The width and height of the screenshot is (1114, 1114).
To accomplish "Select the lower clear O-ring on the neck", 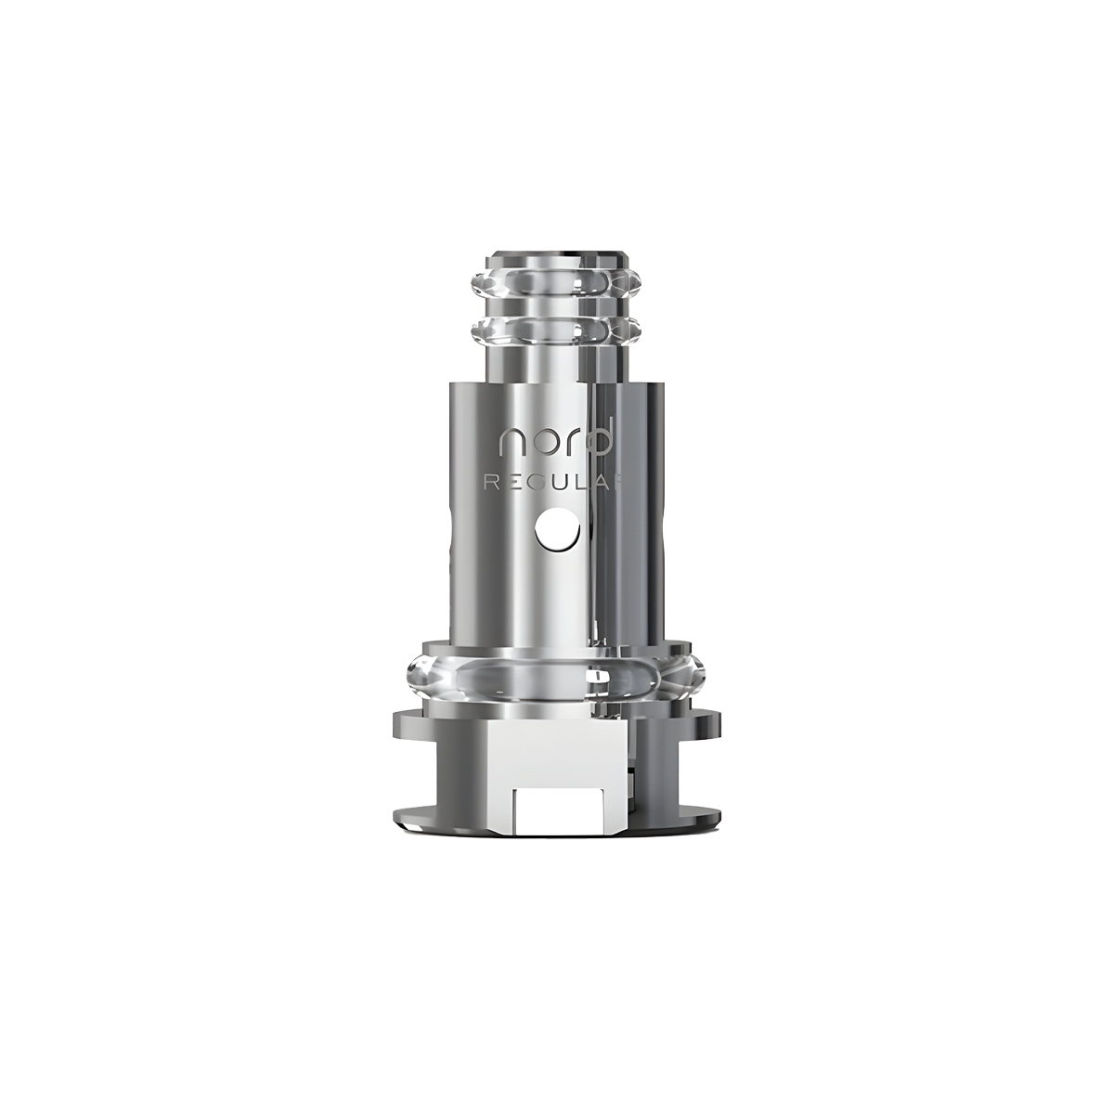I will pos(556,329).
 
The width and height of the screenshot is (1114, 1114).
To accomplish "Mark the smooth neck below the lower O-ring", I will pos(556,362).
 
